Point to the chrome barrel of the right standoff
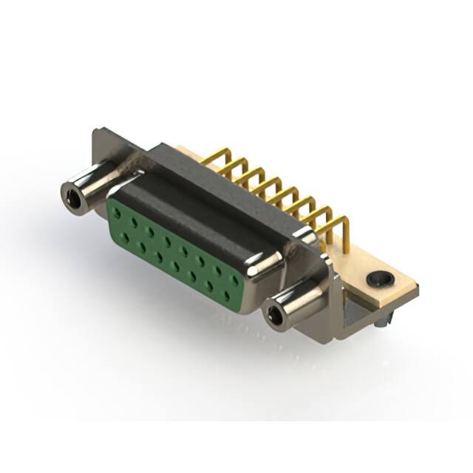pyautogui.click(x=296, y=303)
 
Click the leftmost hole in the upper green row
pyautogui.click(x=116, y=211)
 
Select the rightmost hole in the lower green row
pyautogui.click(x=227, y=296)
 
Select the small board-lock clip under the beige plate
pyautogui.click(x=383, y=320)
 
